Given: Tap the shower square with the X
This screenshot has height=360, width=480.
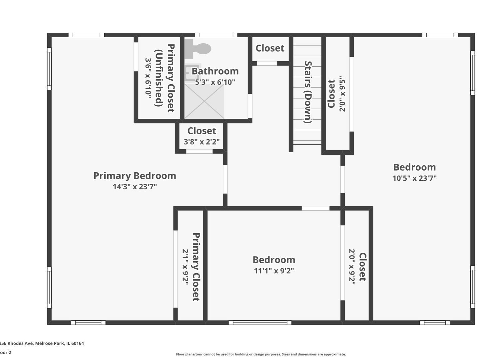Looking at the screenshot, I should pos(204,101).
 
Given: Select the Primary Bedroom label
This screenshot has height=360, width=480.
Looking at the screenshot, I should pos(135,176).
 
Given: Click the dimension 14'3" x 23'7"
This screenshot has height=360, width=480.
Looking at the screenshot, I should pos(135,187).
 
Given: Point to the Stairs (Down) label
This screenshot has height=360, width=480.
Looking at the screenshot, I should pos(308,92).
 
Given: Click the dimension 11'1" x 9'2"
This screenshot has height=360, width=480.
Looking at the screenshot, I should pos(274,271).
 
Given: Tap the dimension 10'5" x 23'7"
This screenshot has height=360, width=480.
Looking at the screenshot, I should pos(414,178).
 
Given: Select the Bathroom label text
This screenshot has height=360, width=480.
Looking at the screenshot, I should pos(215,71).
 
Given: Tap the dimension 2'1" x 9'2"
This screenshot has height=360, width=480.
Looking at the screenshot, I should pos(186,267).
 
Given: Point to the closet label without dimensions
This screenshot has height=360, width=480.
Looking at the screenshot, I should pos(270,48).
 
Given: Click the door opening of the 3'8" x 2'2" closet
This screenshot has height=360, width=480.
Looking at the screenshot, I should pos(199,151).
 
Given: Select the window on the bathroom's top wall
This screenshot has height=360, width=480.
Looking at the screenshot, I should pos(216,35).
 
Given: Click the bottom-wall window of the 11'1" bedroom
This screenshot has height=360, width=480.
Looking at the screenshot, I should pos(260,323).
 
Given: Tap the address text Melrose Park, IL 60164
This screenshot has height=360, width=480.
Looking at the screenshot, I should pos(60,343).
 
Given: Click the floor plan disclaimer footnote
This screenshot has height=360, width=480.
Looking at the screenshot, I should pos(261,354).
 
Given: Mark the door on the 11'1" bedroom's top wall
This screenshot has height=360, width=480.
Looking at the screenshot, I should pos(315,208).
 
